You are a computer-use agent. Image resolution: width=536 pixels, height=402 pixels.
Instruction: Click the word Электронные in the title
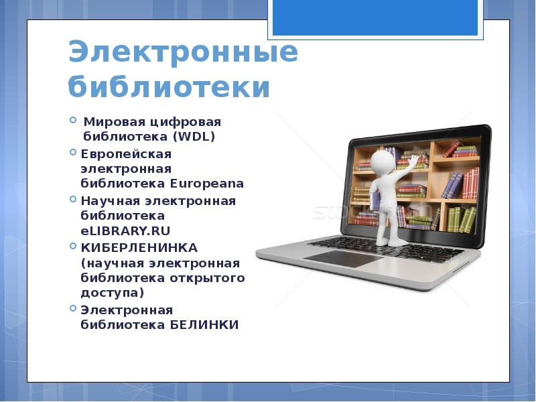(x=183, y=52)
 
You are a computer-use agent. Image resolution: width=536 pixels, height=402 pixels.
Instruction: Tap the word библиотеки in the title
(x=170, y=86)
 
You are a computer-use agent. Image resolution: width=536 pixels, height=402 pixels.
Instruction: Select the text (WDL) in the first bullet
(x=194, y=137)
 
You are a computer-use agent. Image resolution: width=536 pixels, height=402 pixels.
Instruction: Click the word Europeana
(x=207, y=184)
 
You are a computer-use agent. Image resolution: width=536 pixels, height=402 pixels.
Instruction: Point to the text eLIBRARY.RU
(x=125, y=230)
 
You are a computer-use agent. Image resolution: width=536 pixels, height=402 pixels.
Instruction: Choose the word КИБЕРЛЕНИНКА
(x=139, y=248)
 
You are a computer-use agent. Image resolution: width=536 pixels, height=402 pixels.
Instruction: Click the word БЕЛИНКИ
(x=204, y=325)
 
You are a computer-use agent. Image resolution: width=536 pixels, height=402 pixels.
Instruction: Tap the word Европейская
(x=126, y=154)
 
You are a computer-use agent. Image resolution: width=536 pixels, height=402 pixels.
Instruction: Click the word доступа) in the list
(x=113, y=293)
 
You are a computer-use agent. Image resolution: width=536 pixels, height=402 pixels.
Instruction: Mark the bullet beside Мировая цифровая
(x=73, y=120)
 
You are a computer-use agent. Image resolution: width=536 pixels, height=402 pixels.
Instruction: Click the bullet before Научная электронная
(x=73, y=199)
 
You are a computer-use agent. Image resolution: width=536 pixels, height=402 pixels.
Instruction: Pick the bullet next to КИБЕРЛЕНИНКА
(x=73, y=246)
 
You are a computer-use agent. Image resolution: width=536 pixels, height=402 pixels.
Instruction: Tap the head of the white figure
(x=383, y=162)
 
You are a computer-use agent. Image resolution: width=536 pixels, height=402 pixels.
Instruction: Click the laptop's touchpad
(x=344, y=258)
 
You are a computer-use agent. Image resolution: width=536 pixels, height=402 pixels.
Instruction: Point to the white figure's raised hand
(x=413, y=161)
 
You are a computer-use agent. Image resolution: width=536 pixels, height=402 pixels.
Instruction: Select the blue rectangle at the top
(x=375, y=17)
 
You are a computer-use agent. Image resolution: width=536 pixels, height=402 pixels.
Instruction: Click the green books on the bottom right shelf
(x=462, y=220)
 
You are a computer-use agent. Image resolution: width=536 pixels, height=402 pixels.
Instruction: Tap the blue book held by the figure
(x=375, y=202)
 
